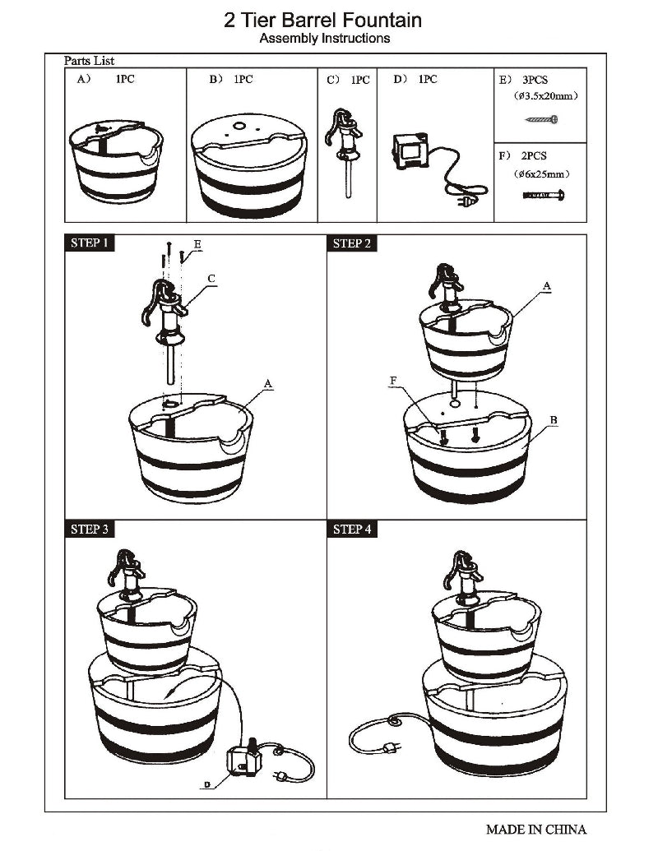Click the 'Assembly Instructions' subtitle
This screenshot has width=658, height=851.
(x=325, y=39)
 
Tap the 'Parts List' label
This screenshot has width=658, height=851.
(x=90, y=61)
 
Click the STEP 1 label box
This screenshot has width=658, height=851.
(x=90, y=243)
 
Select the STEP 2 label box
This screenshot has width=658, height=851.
(x=352, y=243)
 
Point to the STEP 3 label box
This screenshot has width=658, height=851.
(x=90, y=529)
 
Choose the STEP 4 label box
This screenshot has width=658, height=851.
(x=352, y=529)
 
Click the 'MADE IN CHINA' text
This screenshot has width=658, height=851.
(x=535, y=829)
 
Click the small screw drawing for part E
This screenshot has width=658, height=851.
(x=542, y=120)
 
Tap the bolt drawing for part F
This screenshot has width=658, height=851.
(x=542, y=195)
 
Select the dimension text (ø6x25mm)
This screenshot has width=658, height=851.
(x=540, y=174)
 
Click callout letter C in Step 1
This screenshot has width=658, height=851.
(x=211, y=280)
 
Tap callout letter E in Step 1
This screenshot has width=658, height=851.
(x=197, y=245)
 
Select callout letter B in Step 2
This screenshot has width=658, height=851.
(x=554, y=420)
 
